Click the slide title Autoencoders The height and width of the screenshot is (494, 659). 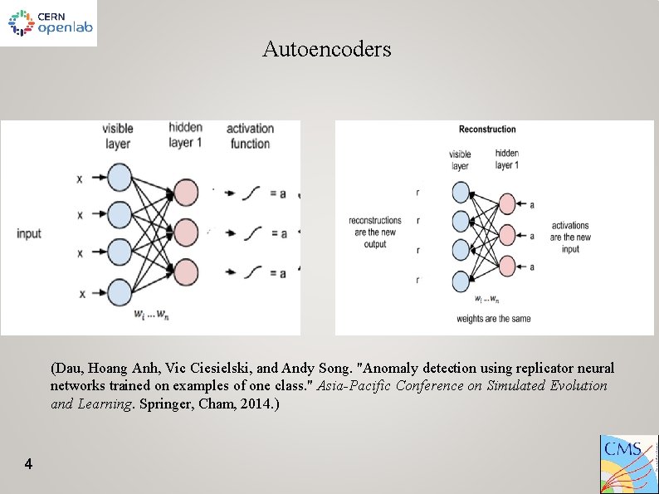click(326, 49)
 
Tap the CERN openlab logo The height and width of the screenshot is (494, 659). click(49, 23)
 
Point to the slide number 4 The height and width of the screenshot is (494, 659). click(28, 464)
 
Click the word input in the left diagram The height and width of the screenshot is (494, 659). click(28, 233)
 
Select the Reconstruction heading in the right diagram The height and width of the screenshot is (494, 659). click(487, 129)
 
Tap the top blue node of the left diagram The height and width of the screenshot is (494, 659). click(120, 178)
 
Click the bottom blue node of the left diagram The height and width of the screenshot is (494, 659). click(120, 292)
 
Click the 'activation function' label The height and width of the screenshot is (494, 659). click(250, 135)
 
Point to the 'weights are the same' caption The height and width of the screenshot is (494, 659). click(493, 318)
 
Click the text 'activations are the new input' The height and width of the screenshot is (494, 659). click(570, 237)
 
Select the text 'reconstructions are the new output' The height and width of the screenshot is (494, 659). click(375, 232)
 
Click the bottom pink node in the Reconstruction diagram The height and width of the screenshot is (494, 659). click(508, 267)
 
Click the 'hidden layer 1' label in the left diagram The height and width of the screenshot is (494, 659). click(185, 134)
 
